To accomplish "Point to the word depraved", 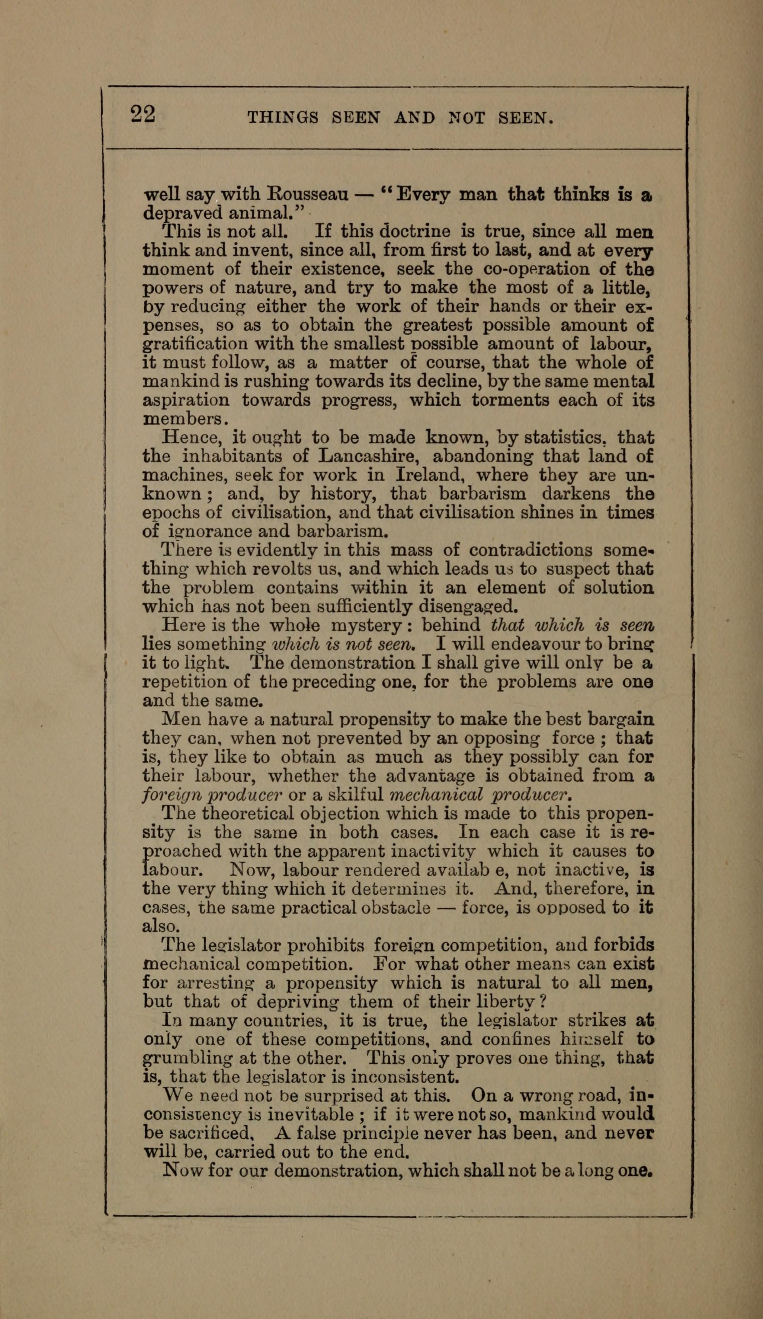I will [176, 214].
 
